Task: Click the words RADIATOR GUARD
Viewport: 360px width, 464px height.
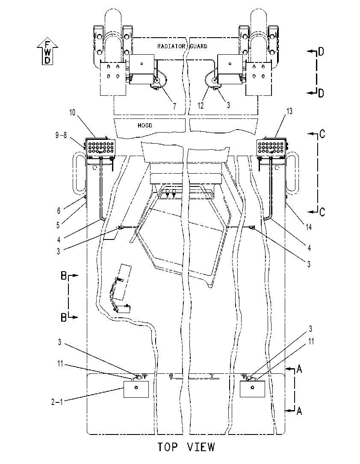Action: click(182, 46)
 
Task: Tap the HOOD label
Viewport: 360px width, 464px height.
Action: click(145, 125)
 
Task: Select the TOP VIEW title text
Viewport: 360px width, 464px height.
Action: click(186, 447)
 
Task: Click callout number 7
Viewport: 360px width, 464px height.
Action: click(174, 106)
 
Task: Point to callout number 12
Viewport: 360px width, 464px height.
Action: click(201, 106)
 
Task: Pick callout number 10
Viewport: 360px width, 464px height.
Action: click(72, 112)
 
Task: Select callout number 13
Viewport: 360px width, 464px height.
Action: click(289, 111)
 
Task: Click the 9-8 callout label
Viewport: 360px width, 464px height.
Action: click(61, 135)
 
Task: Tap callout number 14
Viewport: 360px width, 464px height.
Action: click(309, 227)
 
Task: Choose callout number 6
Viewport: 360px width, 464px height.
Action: click(59, 211)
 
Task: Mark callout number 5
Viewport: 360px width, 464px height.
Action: click(58, 225)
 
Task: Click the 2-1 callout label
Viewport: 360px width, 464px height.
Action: click(57, 402)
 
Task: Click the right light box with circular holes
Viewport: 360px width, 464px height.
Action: click(271, 147)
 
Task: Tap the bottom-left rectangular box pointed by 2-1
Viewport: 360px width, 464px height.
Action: click(136, 389)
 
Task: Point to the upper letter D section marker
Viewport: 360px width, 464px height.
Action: click(321, 51)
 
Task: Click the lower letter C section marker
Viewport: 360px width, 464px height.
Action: click(322, 212)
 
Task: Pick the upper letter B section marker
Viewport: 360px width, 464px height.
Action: click(64, 275)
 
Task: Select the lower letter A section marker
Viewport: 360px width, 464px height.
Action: click(299, 411)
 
